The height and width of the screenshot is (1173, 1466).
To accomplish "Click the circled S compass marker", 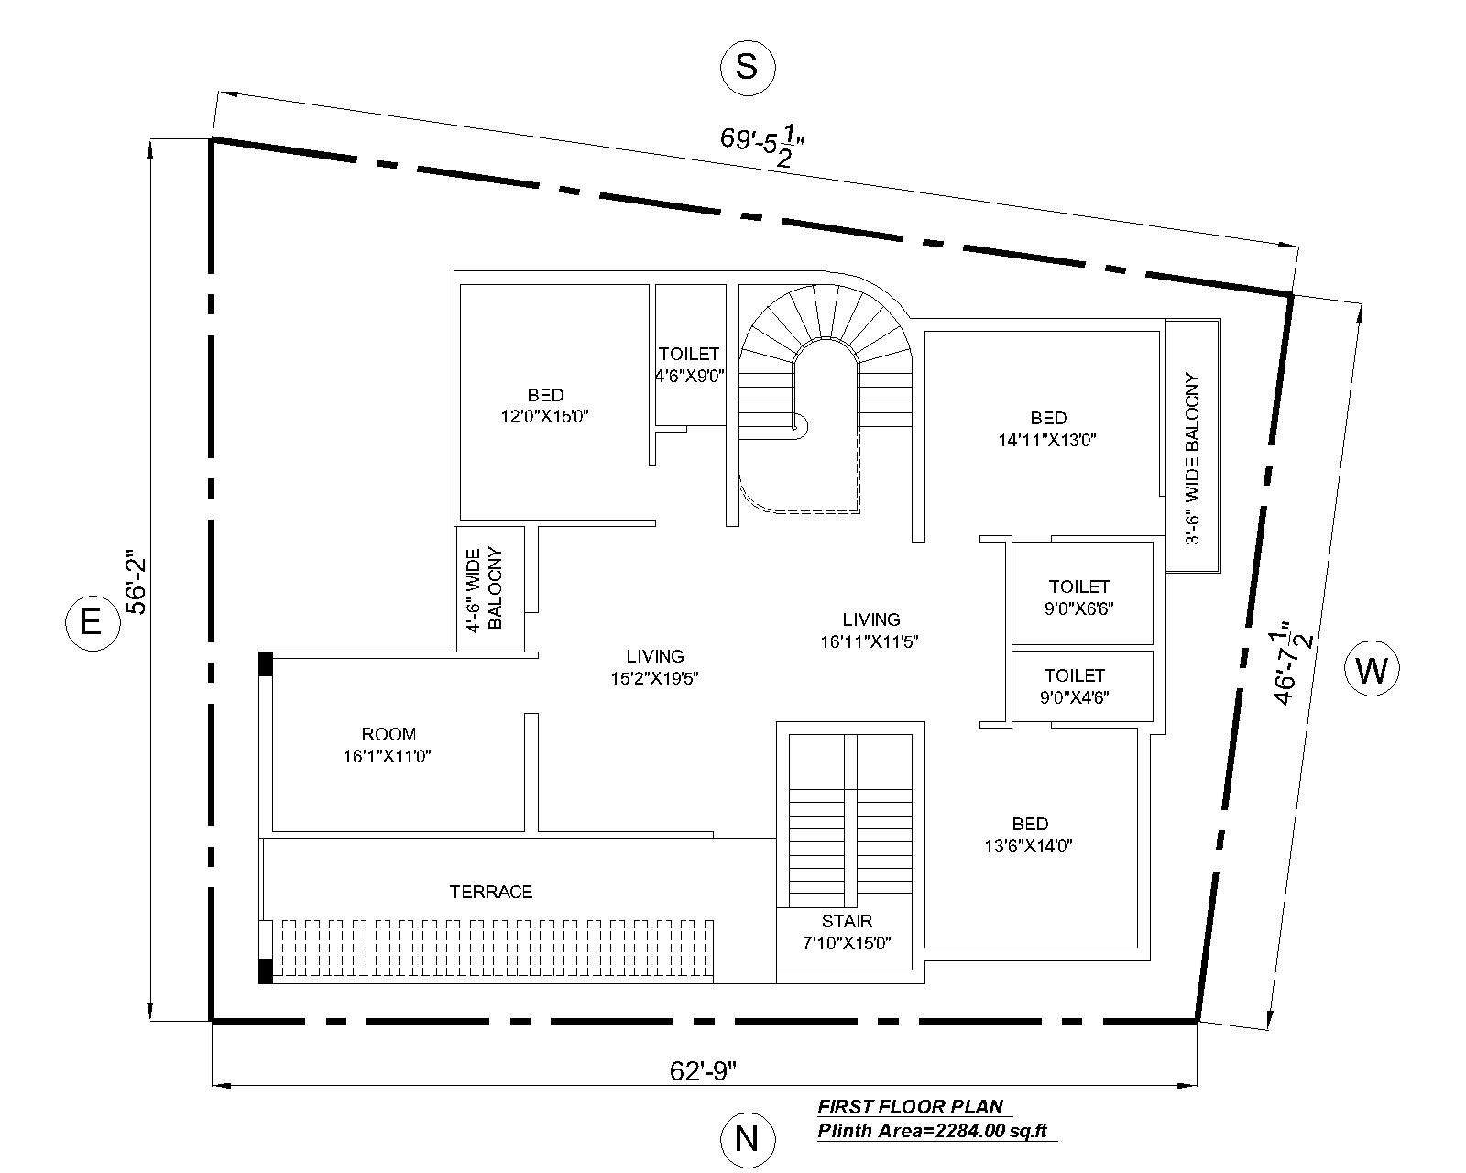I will tap(747, 67).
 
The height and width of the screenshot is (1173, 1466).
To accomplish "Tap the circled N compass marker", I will tap(747, 1139).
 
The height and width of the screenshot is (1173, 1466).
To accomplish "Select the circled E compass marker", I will tap(91, 624).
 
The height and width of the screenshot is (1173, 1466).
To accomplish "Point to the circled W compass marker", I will tap(1372, 671).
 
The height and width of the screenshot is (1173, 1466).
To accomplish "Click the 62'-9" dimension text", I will tap(704, 1070).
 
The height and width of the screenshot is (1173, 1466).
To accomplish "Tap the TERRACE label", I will tap(491, 892).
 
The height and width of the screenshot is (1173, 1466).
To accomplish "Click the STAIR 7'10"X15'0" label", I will tap(847, 932).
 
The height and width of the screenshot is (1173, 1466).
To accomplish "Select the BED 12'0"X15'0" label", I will tap(544, 406).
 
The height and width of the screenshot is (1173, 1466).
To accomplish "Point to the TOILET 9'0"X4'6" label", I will tap(1075, 685).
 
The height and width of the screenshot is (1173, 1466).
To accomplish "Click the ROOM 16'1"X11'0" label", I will tap(388, 745).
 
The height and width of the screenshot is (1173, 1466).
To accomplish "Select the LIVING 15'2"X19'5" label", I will tap(655, 667).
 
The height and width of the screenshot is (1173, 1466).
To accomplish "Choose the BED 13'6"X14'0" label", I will tap(1030, 835).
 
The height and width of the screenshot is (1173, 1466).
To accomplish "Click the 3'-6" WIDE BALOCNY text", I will tap(1191, 458).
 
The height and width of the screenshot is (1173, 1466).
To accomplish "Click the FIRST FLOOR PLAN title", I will tap(910, 1106).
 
